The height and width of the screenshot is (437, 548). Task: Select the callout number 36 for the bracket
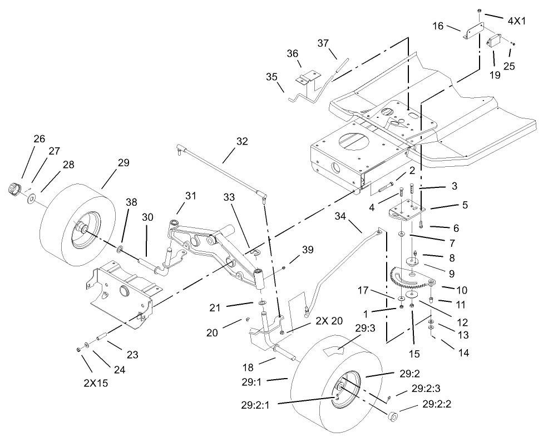click(x=293, y=53)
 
